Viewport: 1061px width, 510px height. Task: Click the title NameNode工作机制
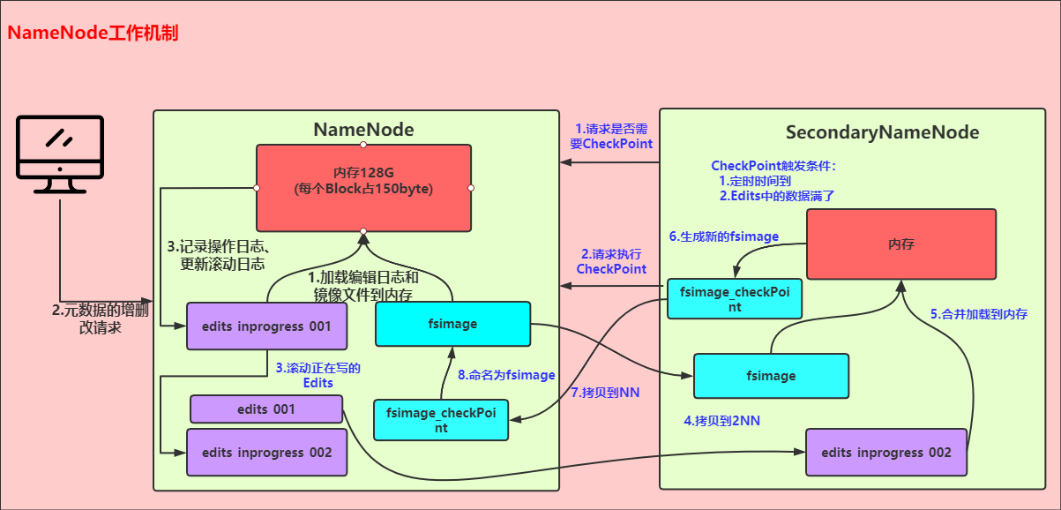[x=93, y=34]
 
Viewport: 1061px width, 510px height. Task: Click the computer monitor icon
[x=60, y=154]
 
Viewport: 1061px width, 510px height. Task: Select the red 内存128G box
[x=363, y=187]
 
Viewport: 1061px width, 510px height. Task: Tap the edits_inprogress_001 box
[x=266, y=326]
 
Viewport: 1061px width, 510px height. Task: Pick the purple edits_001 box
[x=266, y=409]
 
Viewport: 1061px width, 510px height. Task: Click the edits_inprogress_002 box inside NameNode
[x=266, y=453]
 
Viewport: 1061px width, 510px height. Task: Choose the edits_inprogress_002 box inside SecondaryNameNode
[x=886, y=453]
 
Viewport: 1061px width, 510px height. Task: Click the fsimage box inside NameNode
[x=452, y=324]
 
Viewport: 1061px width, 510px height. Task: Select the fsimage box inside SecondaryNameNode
[x=771, y=376]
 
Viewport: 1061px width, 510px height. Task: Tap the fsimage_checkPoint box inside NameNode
[x=441, y=420]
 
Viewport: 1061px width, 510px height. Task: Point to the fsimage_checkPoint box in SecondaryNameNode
[x=734, y=299]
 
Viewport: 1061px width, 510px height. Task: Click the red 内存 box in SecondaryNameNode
[x=901, y=244]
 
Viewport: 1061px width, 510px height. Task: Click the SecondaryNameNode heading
[x=882, y=132]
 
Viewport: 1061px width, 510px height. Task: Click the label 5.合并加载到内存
[x=979, y=313]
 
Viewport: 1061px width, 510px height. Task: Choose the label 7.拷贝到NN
[x=605, y=392]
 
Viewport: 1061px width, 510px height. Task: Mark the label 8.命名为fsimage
[x=505, y=374]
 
